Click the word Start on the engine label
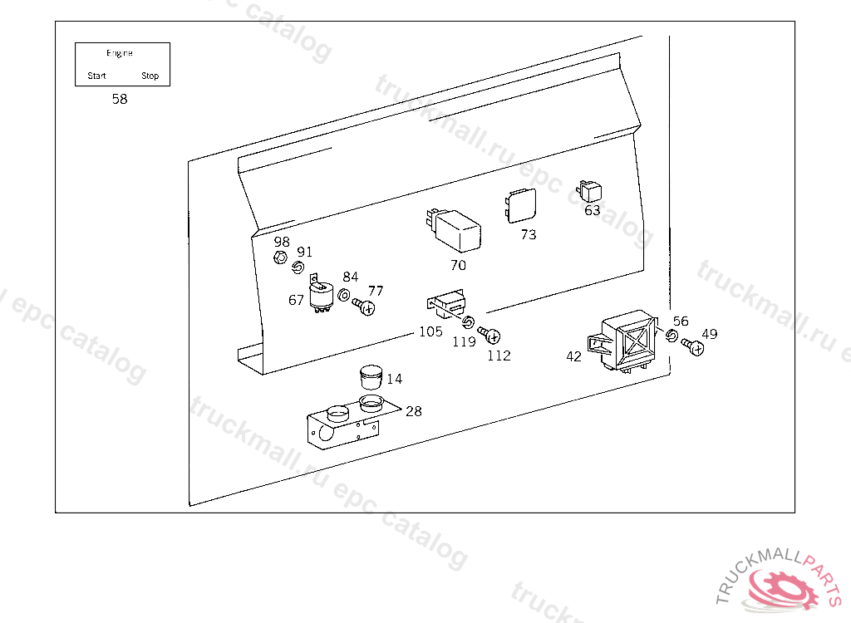(97, 76)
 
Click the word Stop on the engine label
(150, 76)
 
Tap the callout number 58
(120, 99)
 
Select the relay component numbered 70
(455, 228)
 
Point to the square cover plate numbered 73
(520, 204)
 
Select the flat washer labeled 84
(345, 293)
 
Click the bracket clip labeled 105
(447, 303)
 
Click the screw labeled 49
(692, 346)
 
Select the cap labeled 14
(369, 377)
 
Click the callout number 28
(413, 411)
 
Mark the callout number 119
(465, 341)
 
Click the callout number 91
(305, 252)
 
